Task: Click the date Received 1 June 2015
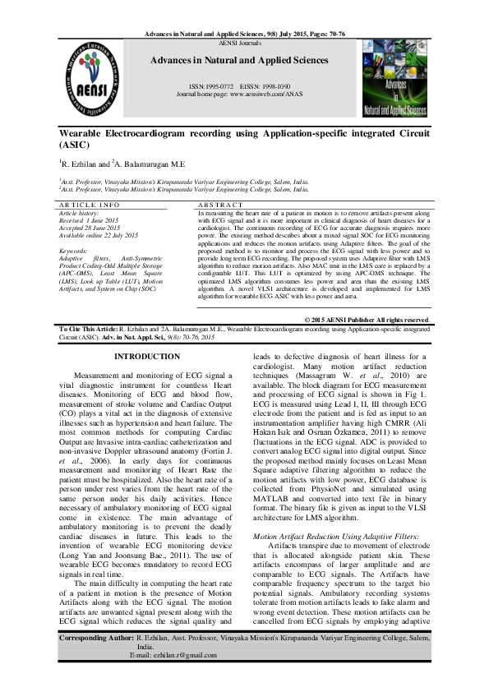point(95,219)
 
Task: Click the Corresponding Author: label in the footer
point(96,660)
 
